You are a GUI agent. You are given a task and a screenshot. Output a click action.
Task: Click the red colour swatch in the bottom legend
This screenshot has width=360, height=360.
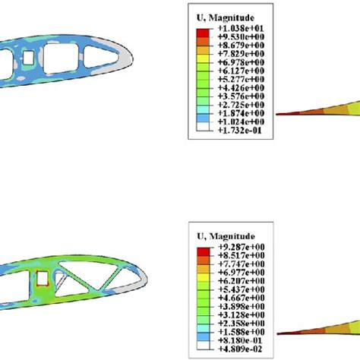click(x=201, y=251)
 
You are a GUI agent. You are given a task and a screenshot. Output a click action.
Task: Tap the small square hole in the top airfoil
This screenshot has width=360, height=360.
click(x=28, y=58)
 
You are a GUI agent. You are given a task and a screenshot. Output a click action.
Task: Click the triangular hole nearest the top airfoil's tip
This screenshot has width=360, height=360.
click(x=100, y=56)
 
